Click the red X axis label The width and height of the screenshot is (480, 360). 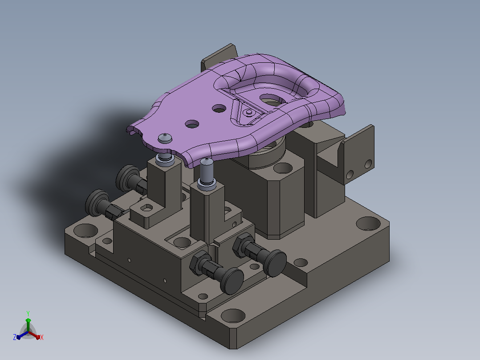tap(42, 337)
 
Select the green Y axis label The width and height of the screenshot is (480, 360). tap(28, 313)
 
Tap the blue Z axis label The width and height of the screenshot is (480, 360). tap(15, 337)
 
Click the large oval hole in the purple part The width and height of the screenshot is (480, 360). tap(273, 100)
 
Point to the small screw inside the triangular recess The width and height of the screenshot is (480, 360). tap(249, 112)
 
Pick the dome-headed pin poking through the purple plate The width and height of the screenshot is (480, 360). tap(165, 138)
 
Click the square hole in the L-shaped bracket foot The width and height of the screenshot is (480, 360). tap(146, 208)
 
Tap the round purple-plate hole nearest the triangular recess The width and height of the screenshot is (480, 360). tap(219, 108)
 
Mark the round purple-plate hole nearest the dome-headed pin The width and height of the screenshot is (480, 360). tap(192, 124)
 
